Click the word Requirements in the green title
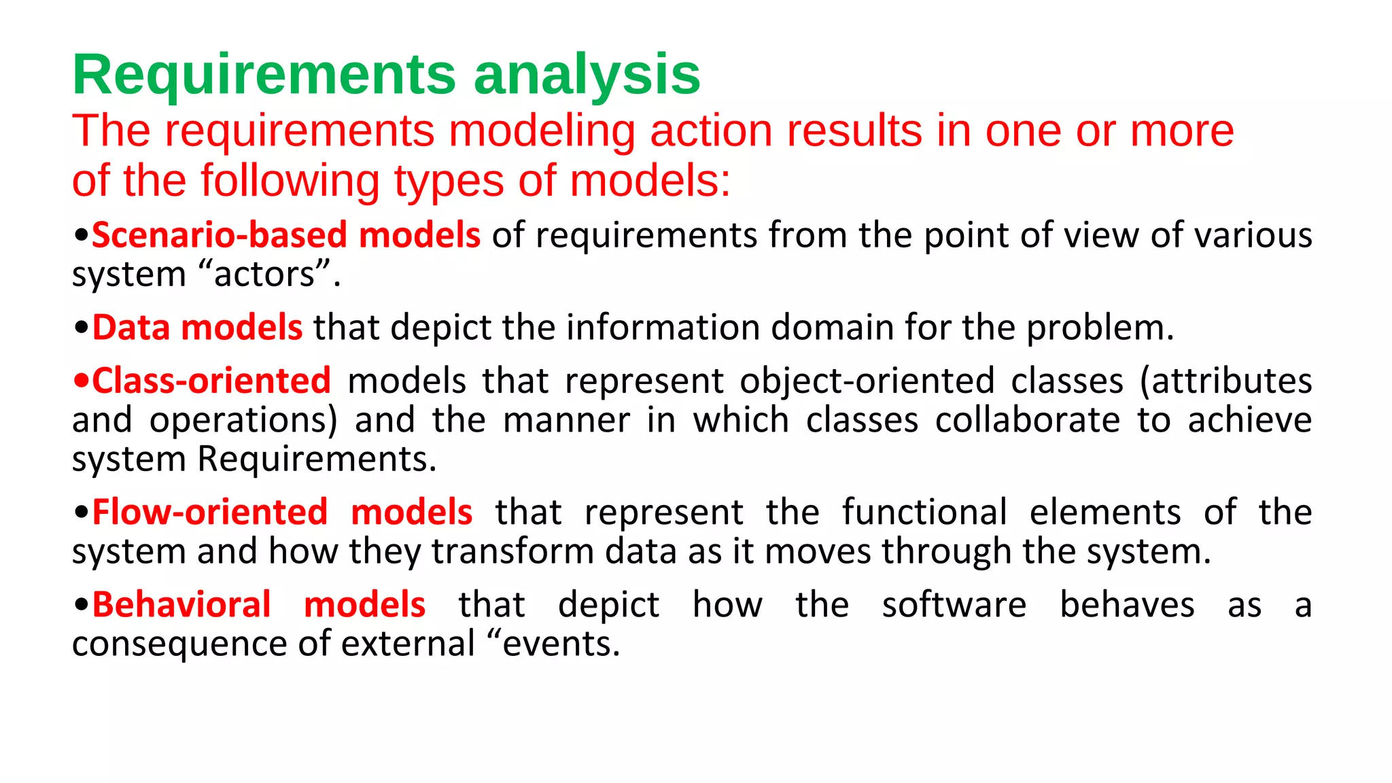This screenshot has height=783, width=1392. point(264,75)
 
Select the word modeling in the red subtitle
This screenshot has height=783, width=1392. point(542,131)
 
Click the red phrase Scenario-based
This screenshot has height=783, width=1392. point(220,235)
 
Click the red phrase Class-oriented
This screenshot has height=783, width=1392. point(211,381)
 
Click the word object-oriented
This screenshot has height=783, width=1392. point(867,381)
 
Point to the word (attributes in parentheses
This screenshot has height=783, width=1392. point(1225,381)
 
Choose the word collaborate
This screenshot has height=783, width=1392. point(1027,420)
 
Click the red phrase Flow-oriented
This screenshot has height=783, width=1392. point(210,512)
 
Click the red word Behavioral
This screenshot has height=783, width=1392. point(181,605)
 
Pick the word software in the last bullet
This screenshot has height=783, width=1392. point(954,605)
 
